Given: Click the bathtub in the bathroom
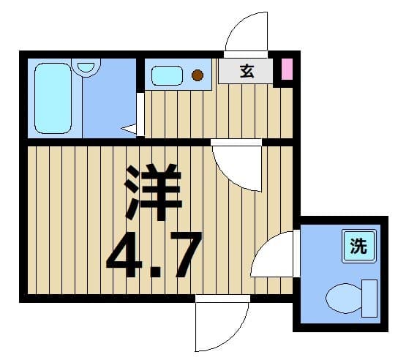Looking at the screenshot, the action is (x=53, y=98).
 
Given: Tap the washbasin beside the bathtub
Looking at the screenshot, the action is (x=86, y=67).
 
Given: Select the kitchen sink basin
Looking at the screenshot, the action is (x=167, y=75).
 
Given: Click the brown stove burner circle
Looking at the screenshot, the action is (x=198, y=75).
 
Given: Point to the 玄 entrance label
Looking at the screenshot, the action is (x=247, y=71).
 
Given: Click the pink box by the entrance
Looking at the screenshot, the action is (x=287, y=70).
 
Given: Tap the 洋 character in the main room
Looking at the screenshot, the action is (x=154, y=192).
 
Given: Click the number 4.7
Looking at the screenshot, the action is (x=154, y=255).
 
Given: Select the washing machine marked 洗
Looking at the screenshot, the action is (x=359, y=246).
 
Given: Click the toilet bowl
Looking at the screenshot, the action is (x=344, y=298).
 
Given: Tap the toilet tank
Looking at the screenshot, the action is (x=369, y=299).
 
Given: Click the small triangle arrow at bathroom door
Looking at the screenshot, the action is (x=129, y=129).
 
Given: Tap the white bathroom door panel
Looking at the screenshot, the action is (x=140, y=114).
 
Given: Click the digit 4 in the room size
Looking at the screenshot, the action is (x=124, y=255).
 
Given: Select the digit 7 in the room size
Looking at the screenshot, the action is (x=184, y=255).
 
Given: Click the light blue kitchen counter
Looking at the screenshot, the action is (x=178, y=75).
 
